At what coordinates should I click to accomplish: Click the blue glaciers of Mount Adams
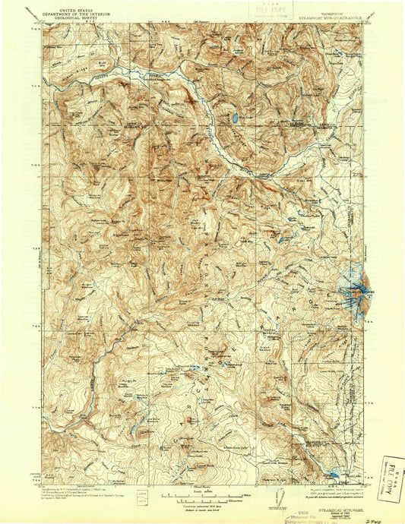tap(356, 291)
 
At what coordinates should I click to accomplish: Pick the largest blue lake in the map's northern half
tap(236, 118)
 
